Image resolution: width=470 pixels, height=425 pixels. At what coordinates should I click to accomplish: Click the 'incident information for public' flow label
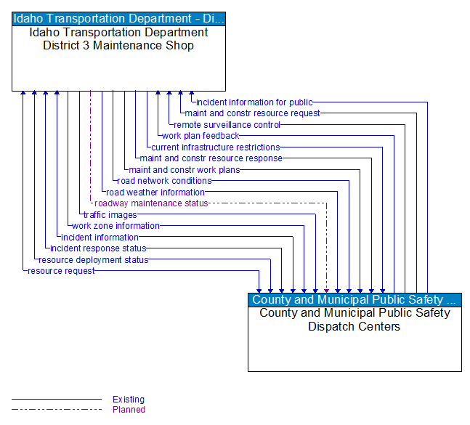(254, 102)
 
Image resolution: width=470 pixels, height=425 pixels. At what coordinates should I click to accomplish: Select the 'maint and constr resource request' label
(252, 113)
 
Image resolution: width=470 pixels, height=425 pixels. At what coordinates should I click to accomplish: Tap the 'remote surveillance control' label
(227, 125)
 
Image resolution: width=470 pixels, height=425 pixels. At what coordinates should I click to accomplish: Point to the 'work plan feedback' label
(200, 136)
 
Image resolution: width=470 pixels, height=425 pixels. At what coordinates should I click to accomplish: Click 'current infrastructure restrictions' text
(216, 147)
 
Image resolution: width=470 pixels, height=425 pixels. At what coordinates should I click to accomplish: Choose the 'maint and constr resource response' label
(211, 158)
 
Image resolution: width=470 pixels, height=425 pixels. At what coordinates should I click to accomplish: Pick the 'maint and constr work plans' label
(185, 170)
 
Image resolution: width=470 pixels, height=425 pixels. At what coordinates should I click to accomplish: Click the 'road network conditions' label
(164, 181)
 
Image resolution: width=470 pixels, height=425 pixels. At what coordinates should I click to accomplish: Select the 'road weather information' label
(155, 193)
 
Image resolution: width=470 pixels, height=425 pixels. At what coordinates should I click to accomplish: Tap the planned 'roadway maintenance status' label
(151, 203)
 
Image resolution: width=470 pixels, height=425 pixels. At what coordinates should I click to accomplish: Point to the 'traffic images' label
(110, 215)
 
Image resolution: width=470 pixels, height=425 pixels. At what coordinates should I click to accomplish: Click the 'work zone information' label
(116, 226)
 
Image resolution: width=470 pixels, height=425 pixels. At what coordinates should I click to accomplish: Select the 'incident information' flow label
(100, 238)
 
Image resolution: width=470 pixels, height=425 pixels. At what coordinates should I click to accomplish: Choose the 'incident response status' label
(98, 248)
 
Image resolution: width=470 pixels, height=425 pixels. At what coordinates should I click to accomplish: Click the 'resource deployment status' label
(93, 260)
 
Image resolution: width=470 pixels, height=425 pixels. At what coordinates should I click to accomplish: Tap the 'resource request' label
(61, 271)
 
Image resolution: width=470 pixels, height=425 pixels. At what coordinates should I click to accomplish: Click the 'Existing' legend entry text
(129, 400)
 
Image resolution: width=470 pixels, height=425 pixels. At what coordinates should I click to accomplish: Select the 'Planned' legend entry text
(129, 410)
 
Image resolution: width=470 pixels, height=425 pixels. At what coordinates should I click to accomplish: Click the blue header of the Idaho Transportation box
(118, 19)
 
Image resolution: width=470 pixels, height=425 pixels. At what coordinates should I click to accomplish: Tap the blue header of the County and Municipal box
(354, 300)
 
